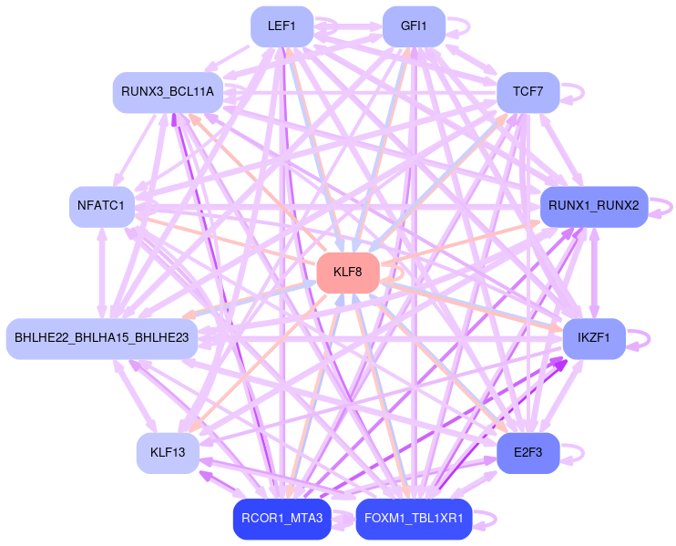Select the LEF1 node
click(x=282, y=26)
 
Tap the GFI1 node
click(x=414, y=26)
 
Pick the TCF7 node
click(x=527, y=92)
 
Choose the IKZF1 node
click(x=593, y=338)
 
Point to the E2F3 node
click(x=527, y=452)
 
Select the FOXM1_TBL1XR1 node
click(x=414, y=519)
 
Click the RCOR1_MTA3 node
click(x=282, y=519)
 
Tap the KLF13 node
click(x=168, y=452)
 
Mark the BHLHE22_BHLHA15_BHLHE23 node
click(x=102, y=338)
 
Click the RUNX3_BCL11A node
click(x=168, y=92)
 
